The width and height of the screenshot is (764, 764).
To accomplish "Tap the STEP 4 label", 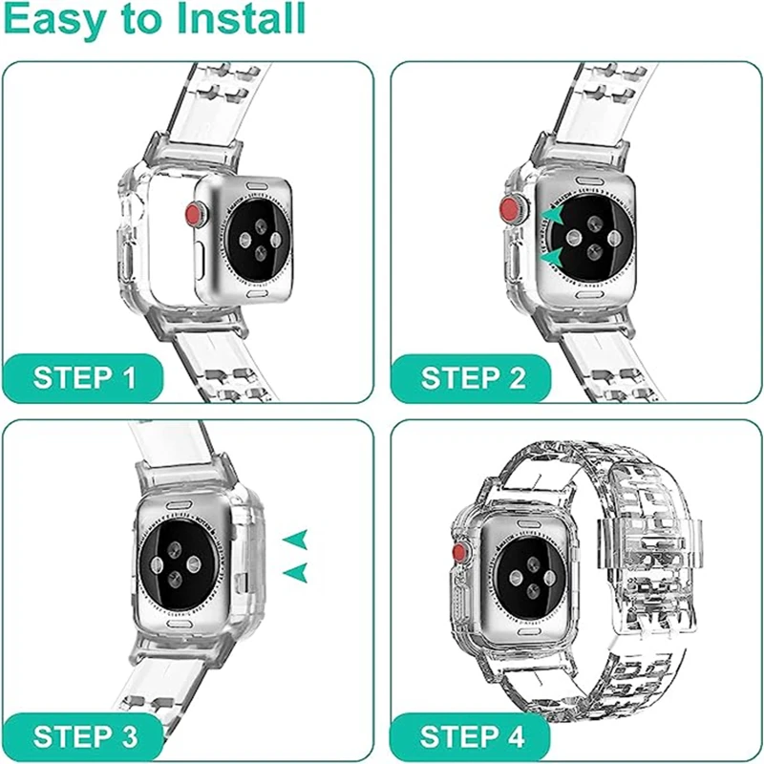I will (473, 736).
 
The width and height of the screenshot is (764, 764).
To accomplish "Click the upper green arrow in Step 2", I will (553, 218).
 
